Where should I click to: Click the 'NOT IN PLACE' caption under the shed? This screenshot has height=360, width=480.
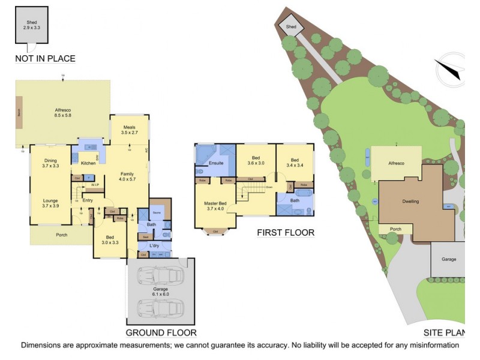point(46,58)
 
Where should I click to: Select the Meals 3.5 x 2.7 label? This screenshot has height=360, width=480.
point(130,130)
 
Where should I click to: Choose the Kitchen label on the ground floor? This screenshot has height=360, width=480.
point(88,163)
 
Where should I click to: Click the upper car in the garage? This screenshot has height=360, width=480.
point(160,277)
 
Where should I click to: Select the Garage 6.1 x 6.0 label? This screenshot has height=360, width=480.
point(160,294)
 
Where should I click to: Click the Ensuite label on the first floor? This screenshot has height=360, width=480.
point(216,163)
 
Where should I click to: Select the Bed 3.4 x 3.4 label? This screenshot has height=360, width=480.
point(295,162)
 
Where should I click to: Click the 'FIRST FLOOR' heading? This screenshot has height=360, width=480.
point(286,233)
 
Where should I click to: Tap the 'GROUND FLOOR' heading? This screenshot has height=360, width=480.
point(161,332)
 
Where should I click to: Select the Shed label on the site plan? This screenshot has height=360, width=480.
point(291,27)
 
